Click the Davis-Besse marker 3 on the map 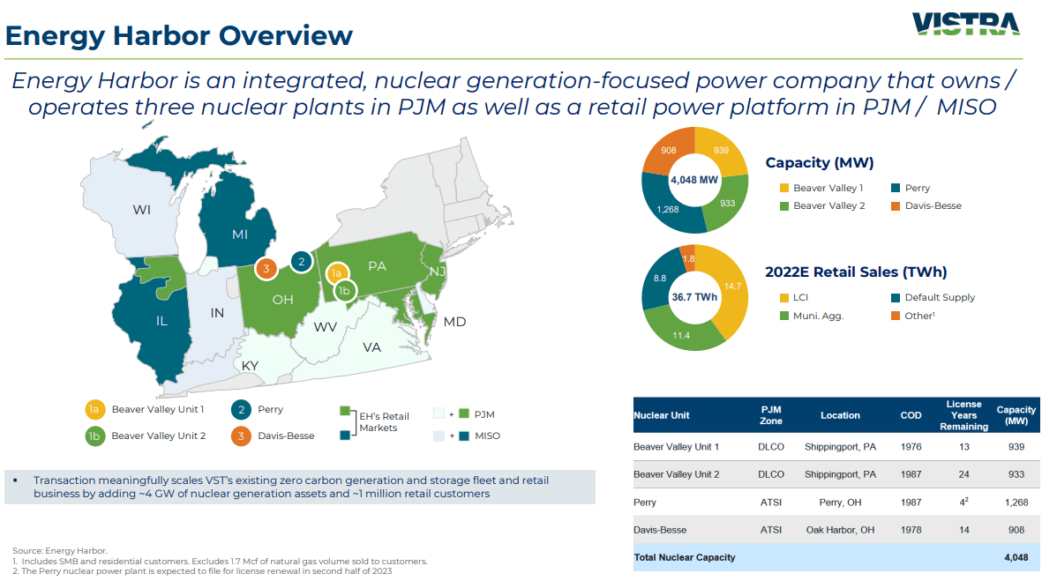click(x=265, y=268)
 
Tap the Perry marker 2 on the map click(x=301, y=261)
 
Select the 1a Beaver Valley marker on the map click(x=336, y=273)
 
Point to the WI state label click(x=142, y=210)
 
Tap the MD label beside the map click(x=454, y=322)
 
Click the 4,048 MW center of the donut click(x=694, y=179)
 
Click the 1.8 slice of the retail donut click(x=689, y=258)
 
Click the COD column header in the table click(x=911, y=415)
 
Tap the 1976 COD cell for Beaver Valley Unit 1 click(x=911, y=447)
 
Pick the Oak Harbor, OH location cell click(x=840, y=530)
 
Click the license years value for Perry click(x=964, y=503)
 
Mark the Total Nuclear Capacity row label click(x=684, y=557)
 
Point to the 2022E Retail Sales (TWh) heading click(x=856, y=272)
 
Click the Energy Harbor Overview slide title click(x=179, y=35)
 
